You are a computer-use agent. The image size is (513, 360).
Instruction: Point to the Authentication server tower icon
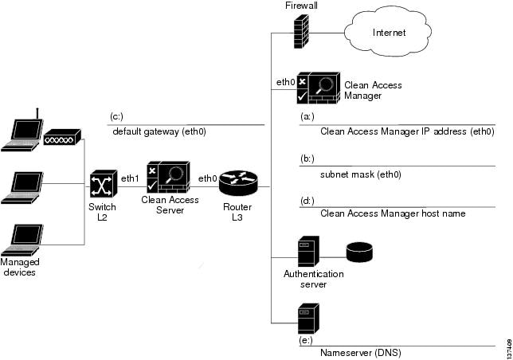point(308,252)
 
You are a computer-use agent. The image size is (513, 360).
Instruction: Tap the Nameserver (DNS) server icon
point(307,319)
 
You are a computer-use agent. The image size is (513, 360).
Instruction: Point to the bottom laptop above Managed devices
point(22,240)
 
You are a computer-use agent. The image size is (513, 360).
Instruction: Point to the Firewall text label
point(302,6)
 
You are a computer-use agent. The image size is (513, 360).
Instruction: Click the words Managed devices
point(21,267)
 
